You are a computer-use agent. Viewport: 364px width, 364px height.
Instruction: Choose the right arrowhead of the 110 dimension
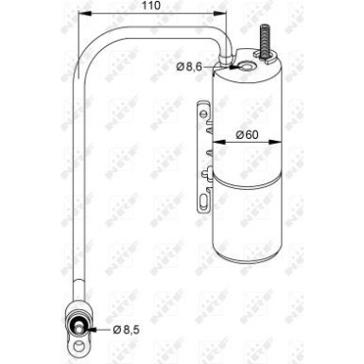224,16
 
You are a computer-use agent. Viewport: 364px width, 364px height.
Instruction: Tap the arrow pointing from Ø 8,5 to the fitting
100,330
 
